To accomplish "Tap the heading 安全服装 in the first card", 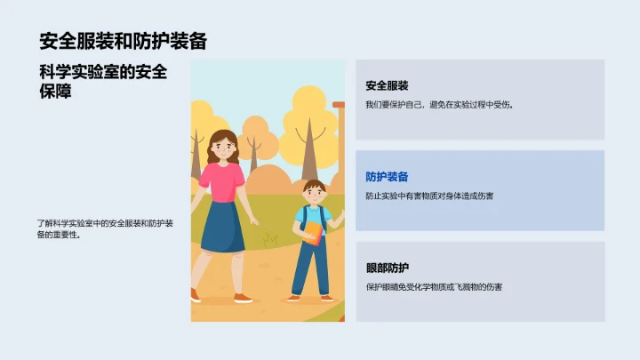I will tap(387, 85).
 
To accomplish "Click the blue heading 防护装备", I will tap(387, 177).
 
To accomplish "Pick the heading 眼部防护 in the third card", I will tap(387, 268).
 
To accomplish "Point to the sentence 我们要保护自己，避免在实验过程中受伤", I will tap(439, 105).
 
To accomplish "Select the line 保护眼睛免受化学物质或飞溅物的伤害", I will tap(434, 287).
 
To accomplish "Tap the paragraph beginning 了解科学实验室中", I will tap(104, 229).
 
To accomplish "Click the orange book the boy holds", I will tap(314, 233).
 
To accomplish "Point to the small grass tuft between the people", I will tap(269, 240).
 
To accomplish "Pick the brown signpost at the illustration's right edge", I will tap(338, 142).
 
